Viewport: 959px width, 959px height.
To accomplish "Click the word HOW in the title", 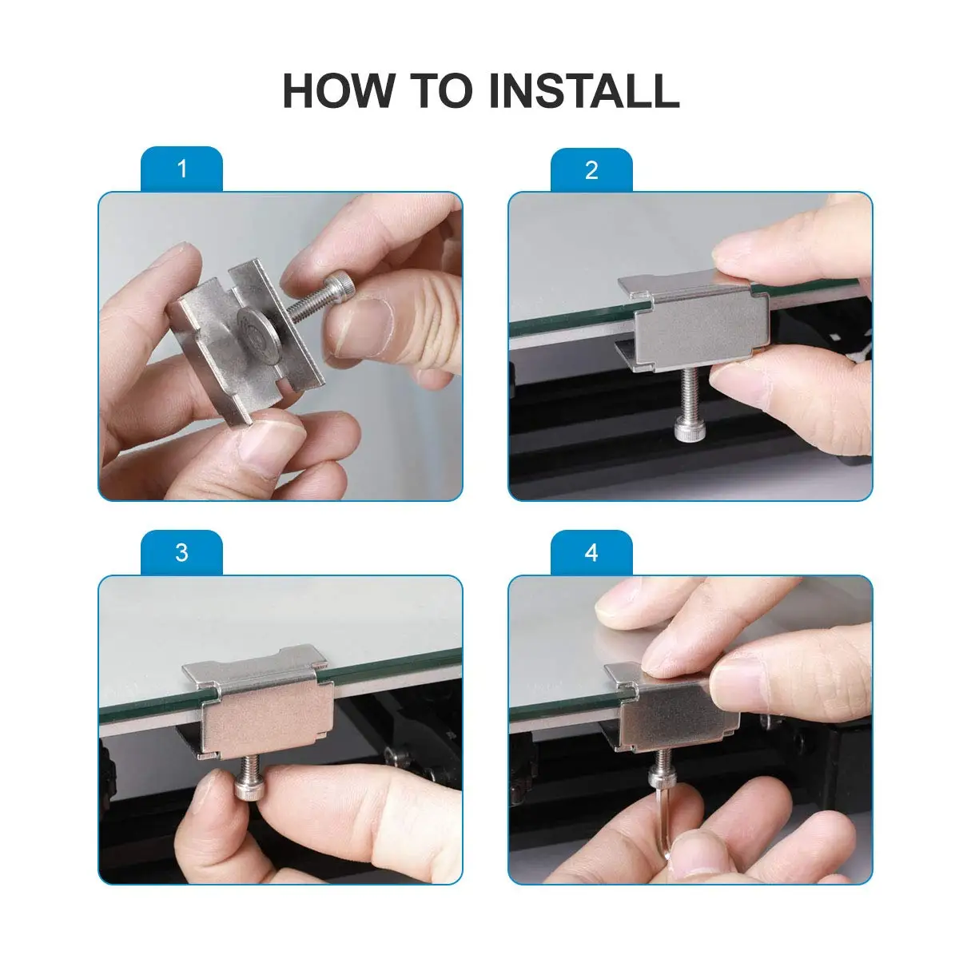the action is click(338, 90).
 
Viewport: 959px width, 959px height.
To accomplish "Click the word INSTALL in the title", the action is click(584, 90).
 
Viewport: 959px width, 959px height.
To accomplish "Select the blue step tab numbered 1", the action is click(181, 169).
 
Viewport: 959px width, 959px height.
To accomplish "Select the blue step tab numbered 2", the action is click(591, 170).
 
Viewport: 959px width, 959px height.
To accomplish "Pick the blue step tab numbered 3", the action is click(181, 553).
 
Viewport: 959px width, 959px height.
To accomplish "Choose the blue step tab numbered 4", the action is click(591, 553).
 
